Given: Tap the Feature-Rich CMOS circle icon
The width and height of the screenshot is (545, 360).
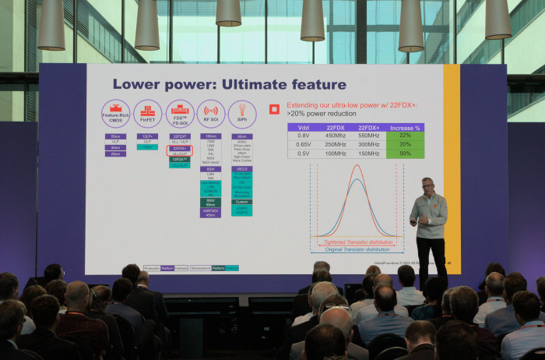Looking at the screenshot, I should tap(115, 113).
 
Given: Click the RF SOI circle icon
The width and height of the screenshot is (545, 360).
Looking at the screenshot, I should tap(210, 112).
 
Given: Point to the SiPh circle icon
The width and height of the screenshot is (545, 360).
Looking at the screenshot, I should tap(242, 112).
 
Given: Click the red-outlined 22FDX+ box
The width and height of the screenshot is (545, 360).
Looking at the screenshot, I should tap(180, 148).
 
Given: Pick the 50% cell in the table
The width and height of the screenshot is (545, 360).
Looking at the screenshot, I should tap(406, 154).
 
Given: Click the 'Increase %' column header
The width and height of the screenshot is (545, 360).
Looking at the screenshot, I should tap(406, 126).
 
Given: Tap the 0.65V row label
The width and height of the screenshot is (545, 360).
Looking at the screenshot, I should tap(304, 145).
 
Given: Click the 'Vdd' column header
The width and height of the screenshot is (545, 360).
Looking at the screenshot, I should tap(304, 126).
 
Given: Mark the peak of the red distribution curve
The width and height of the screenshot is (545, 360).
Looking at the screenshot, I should tap(357, 166).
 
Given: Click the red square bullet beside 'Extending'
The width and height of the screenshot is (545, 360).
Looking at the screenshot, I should tap(273, 109).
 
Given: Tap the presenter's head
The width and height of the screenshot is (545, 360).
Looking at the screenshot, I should tap(427, 185).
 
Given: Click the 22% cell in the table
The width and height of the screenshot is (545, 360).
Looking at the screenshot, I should tap(406, 136).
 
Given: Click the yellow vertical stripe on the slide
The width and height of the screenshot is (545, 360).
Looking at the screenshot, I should tap(452, 156).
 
